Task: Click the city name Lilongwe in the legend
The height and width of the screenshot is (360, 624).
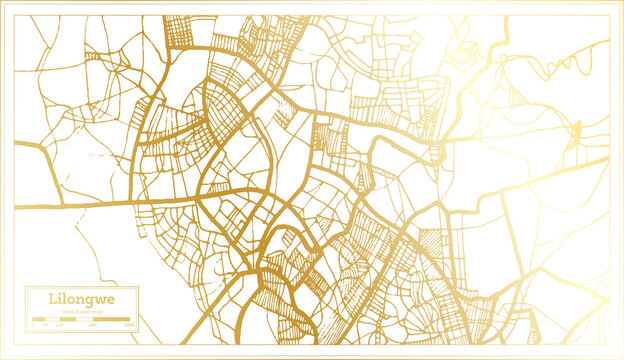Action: click(81, 299)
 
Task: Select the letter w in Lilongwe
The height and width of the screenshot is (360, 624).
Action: click(104, 300)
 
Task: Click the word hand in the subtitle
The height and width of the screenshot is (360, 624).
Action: click(66, 311)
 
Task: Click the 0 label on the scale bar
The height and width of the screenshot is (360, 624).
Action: click(32, 325)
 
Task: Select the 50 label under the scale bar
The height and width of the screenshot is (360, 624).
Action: click(45, 325)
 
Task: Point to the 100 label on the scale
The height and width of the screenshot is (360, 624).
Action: click(59, 325)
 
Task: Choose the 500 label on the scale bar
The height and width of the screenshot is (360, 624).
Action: click(92, 325)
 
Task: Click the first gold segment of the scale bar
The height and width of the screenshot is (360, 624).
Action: click(39, 319)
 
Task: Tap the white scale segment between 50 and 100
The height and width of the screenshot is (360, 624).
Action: click(52, 319)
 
